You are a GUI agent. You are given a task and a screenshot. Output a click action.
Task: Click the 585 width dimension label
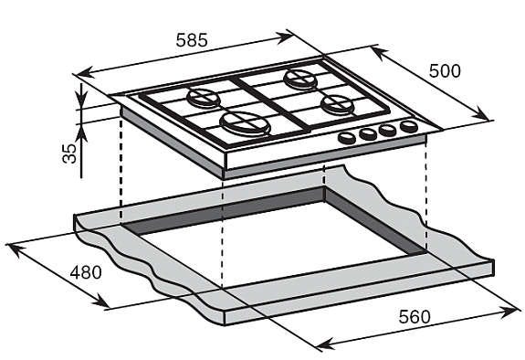point(192,40)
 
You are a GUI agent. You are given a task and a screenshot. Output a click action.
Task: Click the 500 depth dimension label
point(445,71)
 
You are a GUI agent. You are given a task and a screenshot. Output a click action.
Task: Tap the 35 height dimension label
point(69,154)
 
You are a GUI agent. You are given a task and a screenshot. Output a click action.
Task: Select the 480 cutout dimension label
point(86,272)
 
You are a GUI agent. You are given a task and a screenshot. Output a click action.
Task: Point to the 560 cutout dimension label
point(415,317)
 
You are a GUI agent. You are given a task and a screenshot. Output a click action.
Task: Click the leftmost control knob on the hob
point(347,137)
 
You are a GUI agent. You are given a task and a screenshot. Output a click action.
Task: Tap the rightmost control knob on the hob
point(409,126)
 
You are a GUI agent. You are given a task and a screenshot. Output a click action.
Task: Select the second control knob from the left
point(368,133)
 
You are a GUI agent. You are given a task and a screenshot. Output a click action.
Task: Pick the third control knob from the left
point(388,130)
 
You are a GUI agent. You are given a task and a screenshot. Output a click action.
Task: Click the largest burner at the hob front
point(245,123)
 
